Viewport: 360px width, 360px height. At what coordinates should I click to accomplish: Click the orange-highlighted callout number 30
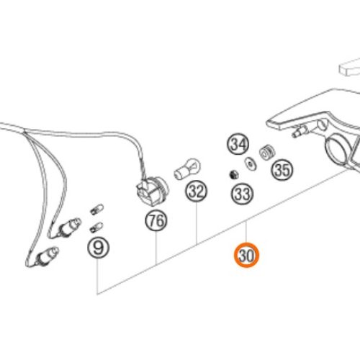(x=247, y=256)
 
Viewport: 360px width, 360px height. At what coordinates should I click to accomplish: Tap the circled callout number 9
(x=98, y=248)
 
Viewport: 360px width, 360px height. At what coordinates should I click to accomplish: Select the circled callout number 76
(x=156, y=220)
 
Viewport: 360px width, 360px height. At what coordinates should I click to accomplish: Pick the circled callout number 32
(x=197, y=192)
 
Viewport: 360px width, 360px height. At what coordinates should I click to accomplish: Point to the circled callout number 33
(x=242, y=194)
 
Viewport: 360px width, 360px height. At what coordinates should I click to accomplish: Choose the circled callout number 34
(x=238, y=144)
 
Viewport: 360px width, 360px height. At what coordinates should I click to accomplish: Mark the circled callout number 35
(x=282, y=169)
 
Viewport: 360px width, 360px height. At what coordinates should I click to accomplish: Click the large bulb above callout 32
(x=187, y=168)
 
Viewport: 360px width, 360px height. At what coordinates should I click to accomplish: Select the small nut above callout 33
(x=233, y=174)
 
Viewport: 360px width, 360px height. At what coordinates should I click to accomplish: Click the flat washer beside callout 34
(x=251, y=164)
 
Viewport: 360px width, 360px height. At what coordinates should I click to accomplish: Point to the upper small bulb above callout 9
(x=97, y=210)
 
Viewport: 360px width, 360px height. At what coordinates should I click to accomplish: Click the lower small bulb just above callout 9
(x=96, y=228)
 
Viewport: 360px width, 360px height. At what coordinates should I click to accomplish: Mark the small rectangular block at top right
(x=350, y=67)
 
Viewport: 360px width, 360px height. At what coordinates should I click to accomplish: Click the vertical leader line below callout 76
(x=156, y=248)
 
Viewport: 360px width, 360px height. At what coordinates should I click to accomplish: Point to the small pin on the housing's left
(x=300, y=131)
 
